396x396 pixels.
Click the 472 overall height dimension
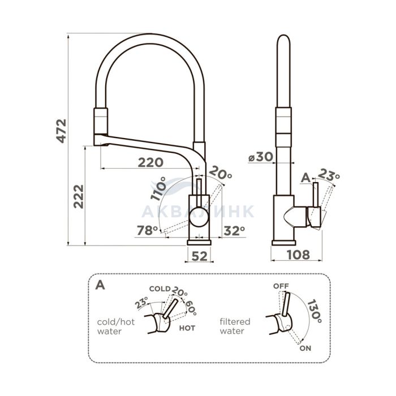[x=61, y=131]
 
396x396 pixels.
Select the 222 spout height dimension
[x=79, y=196]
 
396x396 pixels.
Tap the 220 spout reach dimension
[x=150, y=162]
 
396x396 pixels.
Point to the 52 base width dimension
[x=200, y=256]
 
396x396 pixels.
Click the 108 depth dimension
[x=298, y=255]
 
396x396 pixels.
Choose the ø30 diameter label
[x=261, y=157]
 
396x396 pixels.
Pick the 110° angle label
[x=158, y=188]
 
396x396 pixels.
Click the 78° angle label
[x=147, y=230]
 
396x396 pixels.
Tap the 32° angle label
[x=234, y=231]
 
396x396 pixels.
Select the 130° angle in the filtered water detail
[x=315, y=311]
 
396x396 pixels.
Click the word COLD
[x=160, y=289]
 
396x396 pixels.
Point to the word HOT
[x=187, y=328]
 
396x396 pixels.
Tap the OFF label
[x=281, y=286]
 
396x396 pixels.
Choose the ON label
[x=305, y=348]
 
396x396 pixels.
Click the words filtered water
[x=235, y=326]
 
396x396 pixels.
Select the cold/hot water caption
[x=116, y=326]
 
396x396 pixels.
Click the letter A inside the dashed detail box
[x=100, y=285]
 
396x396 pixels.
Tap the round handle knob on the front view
[x=199, y=217]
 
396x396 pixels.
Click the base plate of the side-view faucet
[x=283, y=243]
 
